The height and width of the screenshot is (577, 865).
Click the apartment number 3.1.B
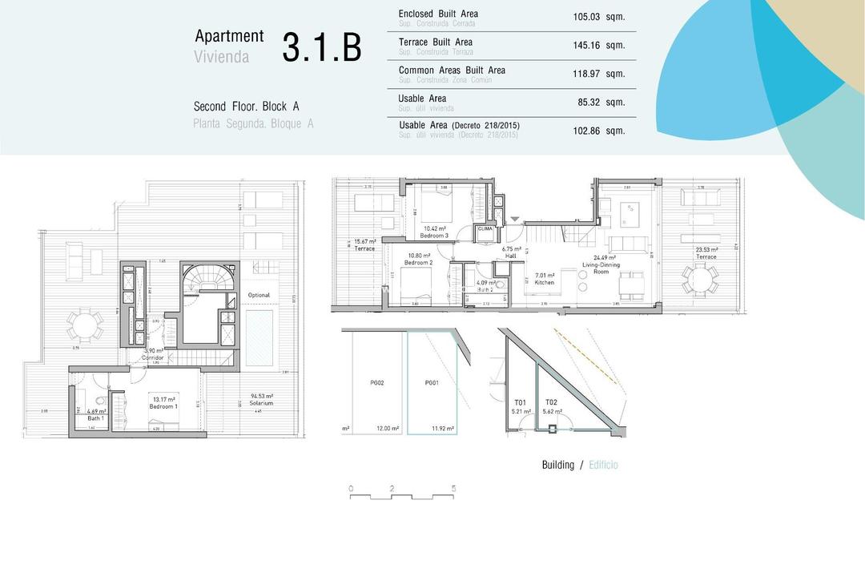click(x=322, y=48)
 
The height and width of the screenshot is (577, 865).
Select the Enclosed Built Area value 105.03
click(x=586, y=17)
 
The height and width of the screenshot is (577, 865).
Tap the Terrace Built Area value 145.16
click(x=586, y=46)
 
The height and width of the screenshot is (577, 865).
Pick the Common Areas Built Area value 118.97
click(x=586, y=74)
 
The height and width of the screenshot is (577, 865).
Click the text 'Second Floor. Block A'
click(x=246, y=107)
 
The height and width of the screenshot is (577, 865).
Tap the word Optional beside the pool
click(x=259, y=295)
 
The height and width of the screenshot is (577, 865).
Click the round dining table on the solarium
click(x=84, y=325)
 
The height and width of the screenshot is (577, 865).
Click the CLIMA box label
click(x=485, y=229)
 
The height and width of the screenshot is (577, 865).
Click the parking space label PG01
click(x=432, y=383)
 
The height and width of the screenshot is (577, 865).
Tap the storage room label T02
click(x=552, y=402)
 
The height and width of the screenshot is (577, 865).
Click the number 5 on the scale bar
click(x=453, y=488)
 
